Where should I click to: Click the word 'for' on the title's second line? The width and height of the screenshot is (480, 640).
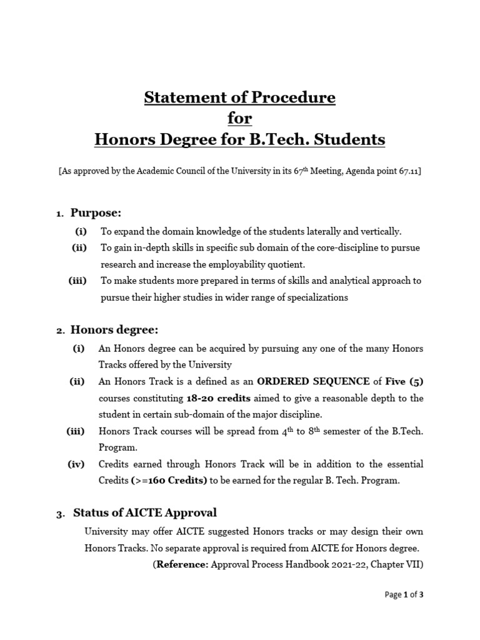pyautogui.click(x=240, y=118)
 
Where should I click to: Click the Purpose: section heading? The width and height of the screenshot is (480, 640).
pyautogui.click(x=96, y=213)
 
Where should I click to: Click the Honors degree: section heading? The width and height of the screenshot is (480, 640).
pyautogui.click(x=114, y=329)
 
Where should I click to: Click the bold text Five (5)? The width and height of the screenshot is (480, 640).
pyautogui.click(x=407, y=381)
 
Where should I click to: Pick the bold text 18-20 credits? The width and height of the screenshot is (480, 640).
pyautogui.click(x=217, y=398)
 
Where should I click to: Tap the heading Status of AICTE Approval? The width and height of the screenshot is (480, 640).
pyautogui.click(x=145, y=513)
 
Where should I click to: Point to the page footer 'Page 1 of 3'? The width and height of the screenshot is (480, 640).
pyautogui.click(x=404, y=594)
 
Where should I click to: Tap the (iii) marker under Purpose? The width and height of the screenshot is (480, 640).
pyautogui.click(x=77, y=281)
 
